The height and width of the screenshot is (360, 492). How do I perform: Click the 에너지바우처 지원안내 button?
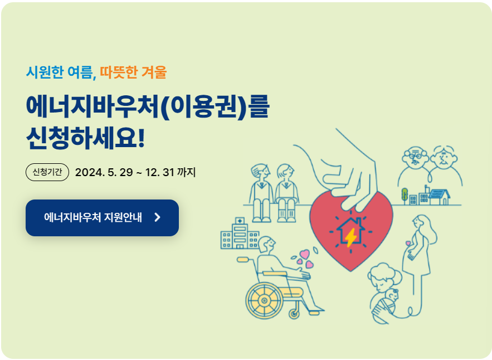point(102,218)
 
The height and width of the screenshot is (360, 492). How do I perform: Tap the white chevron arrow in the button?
point(157,218)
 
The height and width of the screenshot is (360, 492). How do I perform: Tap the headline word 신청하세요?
point(85,138)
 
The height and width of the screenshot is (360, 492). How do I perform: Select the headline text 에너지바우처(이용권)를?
point(147,106)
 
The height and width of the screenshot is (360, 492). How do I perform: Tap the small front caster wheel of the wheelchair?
point(294,314)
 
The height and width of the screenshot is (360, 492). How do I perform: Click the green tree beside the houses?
point(405,194)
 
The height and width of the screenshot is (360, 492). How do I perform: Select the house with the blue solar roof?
point(438,197)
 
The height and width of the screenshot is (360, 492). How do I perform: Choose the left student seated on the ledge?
point(260,189)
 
